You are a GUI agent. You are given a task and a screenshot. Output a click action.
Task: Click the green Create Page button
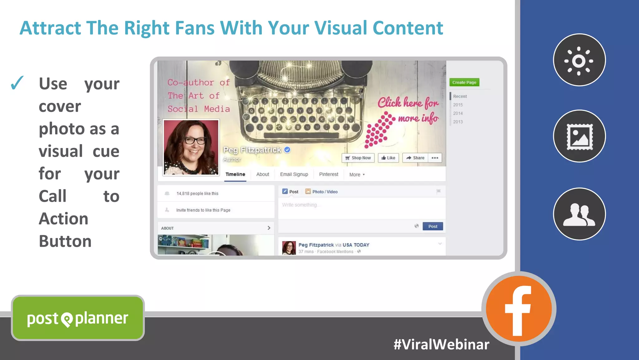click(x=464, y=82)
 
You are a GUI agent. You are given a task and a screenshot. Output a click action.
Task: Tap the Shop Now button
click(x=358, y=158)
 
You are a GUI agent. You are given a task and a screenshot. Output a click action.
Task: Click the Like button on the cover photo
click(x=388, y=158)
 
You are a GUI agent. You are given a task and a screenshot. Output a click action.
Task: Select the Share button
click(x=415, y=158)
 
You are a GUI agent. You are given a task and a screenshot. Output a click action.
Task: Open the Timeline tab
click(x=235, y=175)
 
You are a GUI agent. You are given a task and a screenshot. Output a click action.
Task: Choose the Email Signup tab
click(x=294, y=175)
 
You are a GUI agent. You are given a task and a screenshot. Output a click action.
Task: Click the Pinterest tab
click(x=329, y=175)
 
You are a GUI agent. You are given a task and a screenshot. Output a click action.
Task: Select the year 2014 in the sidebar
click(x=458, y=113)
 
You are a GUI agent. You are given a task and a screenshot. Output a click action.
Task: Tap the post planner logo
click(x=78, y=318)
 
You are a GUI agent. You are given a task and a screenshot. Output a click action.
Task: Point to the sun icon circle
click(x=579, y=60)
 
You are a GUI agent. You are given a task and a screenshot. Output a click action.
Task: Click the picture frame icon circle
click(x=579, y=136)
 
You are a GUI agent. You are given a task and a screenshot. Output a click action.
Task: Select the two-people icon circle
click(x=579, y=214)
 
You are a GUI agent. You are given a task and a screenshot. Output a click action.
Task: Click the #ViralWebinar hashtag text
click(x=441, y=345)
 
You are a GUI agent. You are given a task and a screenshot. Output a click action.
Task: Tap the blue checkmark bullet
click(x=17, y=83)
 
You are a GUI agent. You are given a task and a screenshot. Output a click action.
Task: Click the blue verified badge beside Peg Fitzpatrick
click(x=287, y=150)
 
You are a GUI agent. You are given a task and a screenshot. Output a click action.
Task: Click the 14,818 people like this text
click(x=197, y=194)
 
